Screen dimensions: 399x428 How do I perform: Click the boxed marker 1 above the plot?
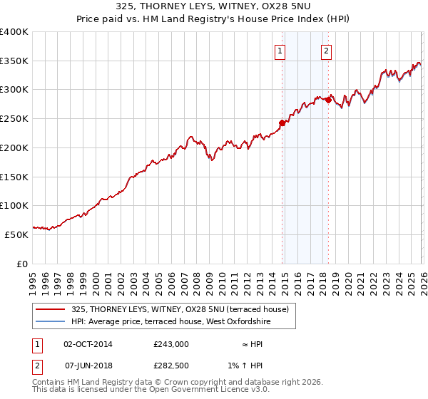coord(280,51)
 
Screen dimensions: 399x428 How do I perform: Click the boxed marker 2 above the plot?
coord(326,51)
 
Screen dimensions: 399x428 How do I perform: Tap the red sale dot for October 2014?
coord(282,123)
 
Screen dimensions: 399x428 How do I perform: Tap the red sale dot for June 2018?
coord(328,100)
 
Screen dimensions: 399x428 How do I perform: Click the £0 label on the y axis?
coord(22,263)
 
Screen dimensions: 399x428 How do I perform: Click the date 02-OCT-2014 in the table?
coord(88,344)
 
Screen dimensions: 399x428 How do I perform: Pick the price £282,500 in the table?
coord(170,366)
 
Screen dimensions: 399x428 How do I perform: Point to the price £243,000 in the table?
coord(170,344)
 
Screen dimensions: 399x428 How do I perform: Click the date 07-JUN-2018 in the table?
coord(88,366)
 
